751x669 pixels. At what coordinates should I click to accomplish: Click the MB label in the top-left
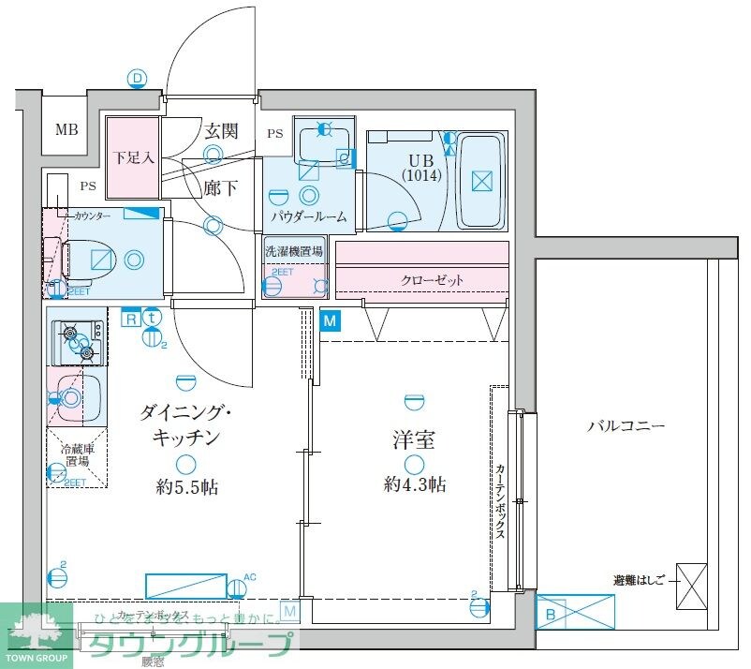click(66, 130)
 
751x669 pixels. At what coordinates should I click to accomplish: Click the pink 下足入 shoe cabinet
click(132, 157)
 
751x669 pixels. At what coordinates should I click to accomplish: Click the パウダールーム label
click(308, 216)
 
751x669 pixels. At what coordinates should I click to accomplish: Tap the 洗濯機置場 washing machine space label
click(294, 251)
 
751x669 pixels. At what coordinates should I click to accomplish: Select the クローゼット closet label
click(432, 280)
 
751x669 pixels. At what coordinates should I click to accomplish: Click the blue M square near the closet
click(331, 321)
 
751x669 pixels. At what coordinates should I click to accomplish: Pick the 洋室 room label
click(413, 439)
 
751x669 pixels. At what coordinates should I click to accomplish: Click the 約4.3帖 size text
click(413, 484)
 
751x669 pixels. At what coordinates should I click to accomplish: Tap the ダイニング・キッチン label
click(181, 423)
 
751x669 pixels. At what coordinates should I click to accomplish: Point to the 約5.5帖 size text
click(188, 486)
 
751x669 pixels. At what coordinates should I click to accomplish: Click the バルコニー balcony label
click(626, 424)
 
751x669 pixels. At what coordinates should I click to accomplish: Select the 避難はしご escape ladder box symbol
click(691, 587)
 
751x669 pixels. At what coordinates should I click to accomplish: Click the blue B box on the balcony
click(551, 614)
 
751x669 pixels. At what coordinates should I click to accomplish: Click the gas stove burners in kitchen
click(79, 341)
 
